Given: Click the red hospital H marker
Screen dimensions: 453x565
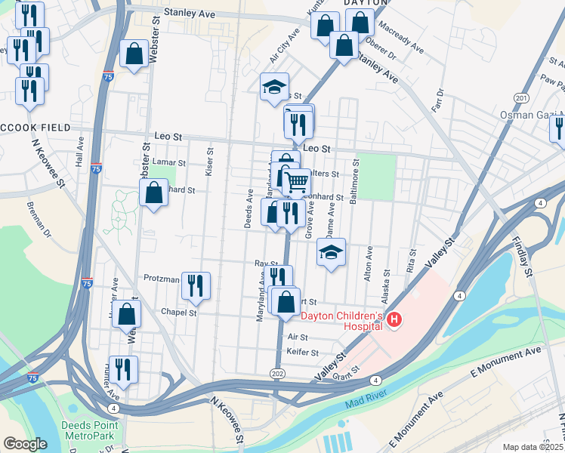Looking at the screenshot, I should pyautogui.click(x=394, y=321).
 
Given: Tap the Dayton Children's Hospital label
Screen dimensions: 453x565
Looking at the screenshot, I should pyautogui.click(x=344, y=321).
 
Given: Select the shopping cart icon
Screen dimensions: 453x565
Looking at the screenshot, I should pyautogui.click(x=296, y=181).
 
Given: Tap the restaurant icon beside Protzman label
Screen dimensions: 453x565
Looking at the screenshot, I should pyautogui.click(x=196, y=285).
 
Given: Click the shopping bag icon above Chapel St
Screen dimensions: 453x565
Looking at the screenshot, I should pyautogui.click(x=126, y=313).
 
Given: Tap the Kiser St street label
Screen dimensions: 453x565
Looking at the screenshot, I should pyautogui.click(x=210, y=156).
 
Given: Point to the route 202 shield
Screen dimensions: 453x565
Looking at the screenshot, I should pyautogui.click(x=278, y=372).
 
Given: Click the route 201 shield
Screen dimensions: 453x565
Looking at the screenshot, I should pyautogui.click(x=520, y=97).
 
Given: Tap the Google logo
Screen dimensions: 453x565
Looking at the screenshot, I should pyautogui.click(x=25, y=444).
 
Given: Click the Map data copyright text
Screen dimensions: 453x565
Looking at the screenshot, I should pyautogui.click(x=533, y=447).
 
